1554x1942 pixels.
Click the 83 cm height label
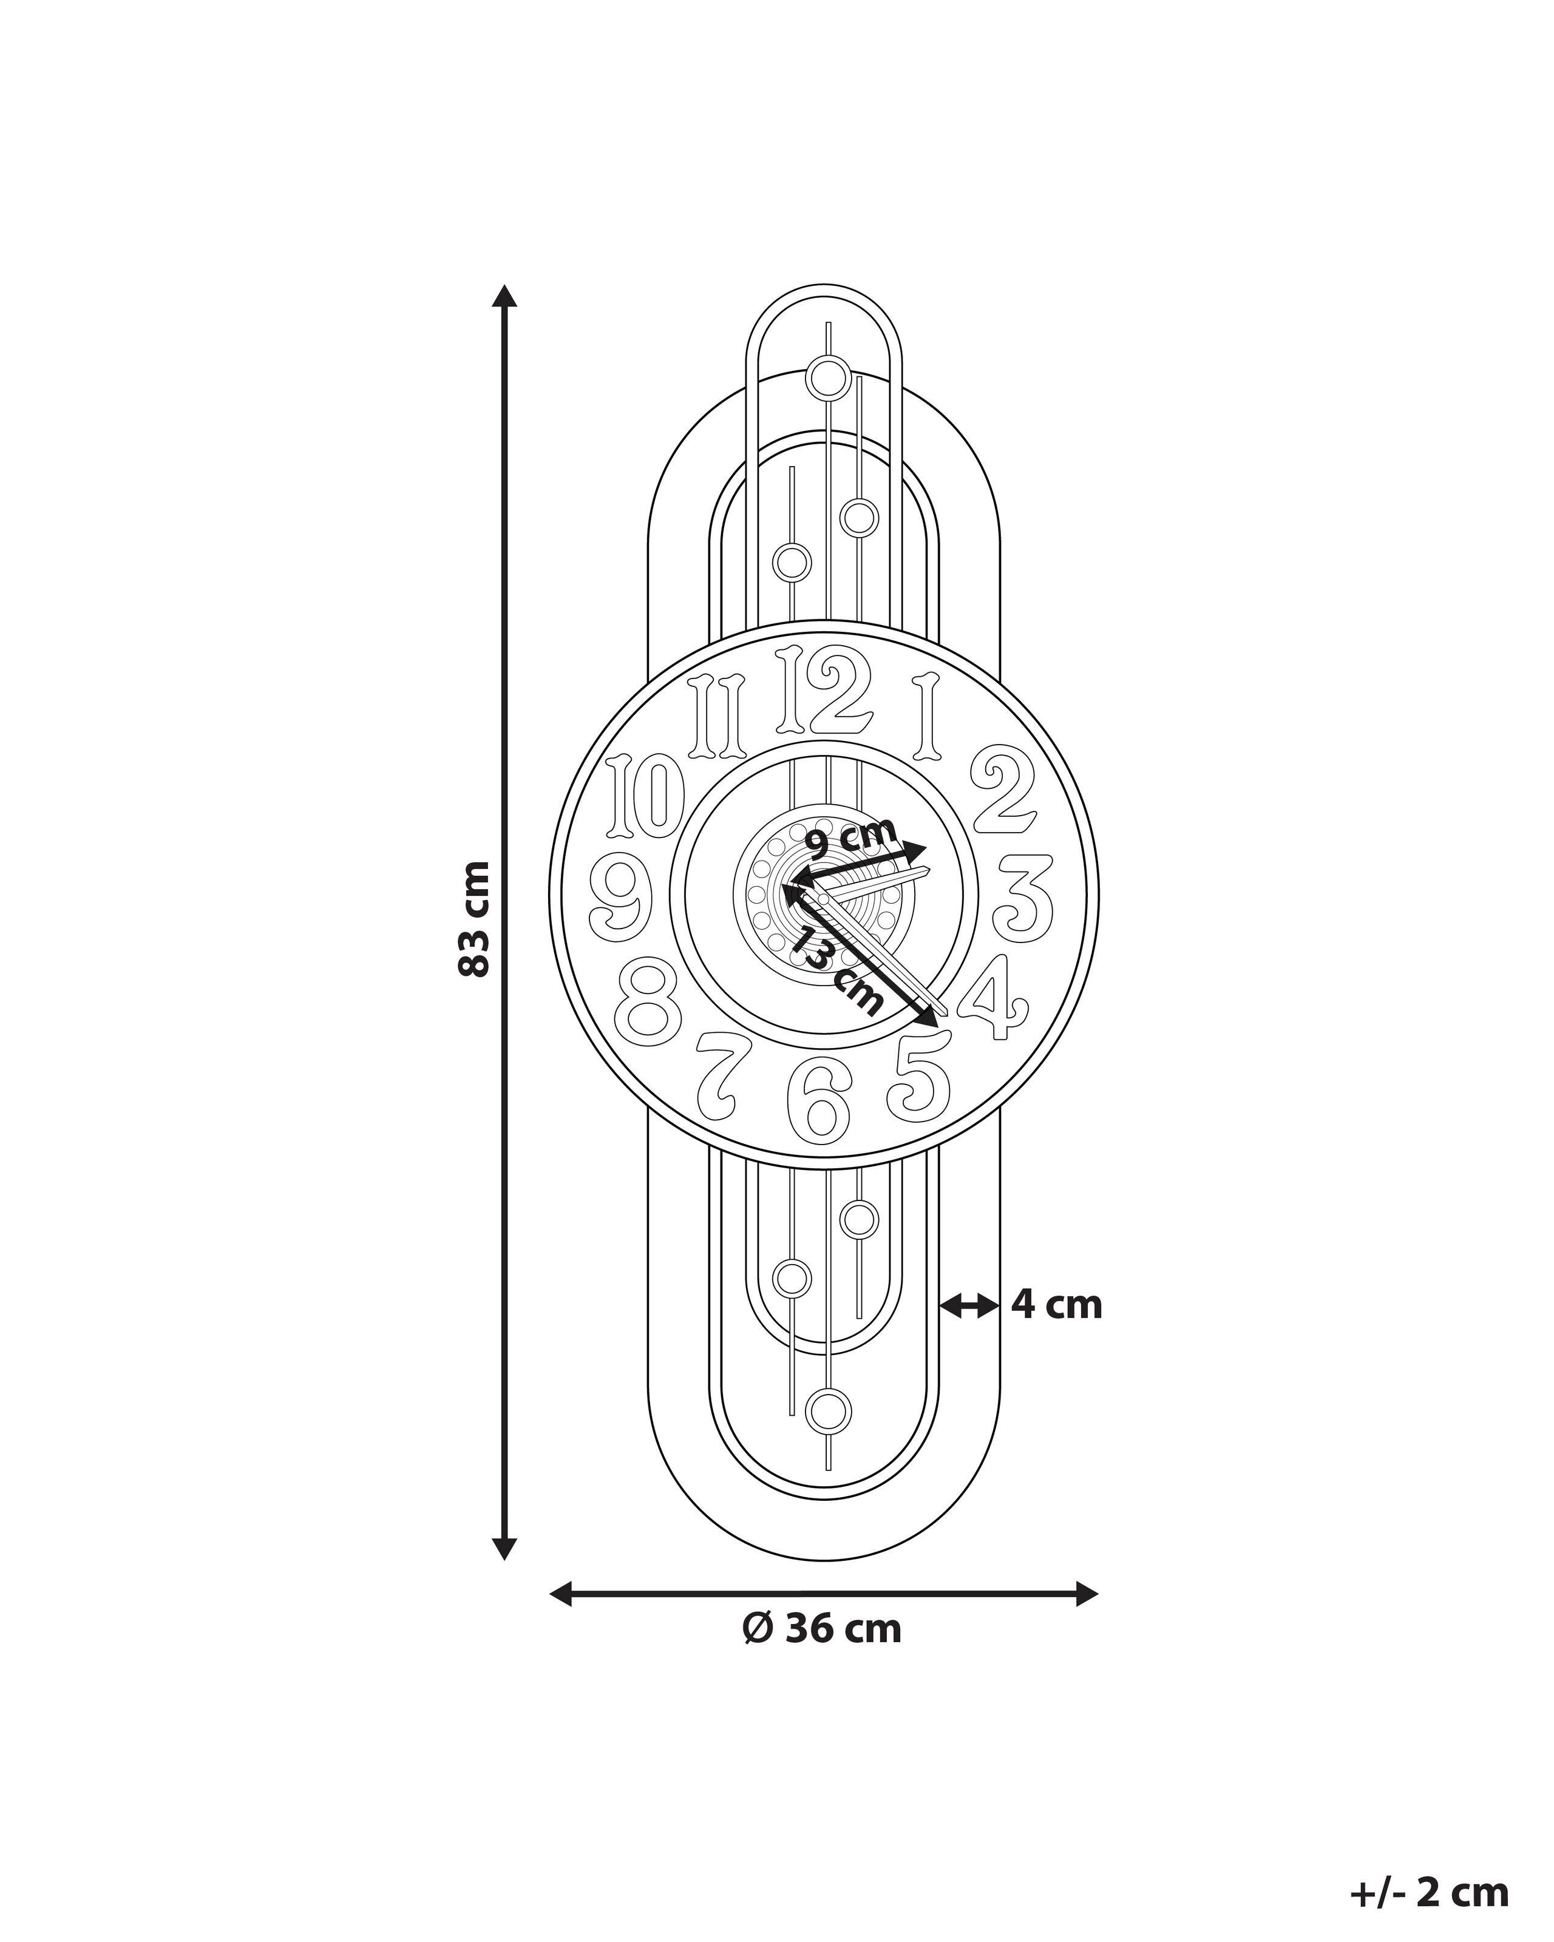click(x=475, y=919)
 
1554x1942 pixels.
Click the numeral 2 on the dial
click(x=1002, y=790)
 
